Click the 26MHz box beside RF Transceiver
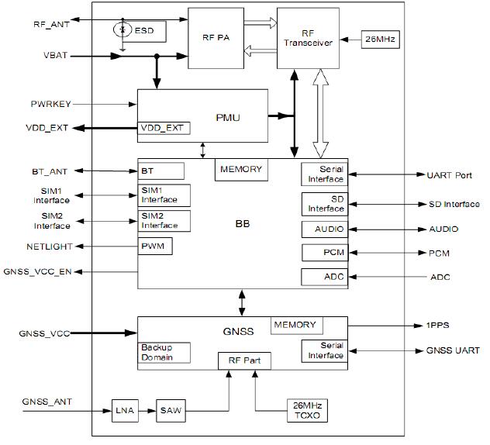[380, 39]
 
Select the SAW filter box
[170, 409]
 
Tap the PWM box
[155, 247]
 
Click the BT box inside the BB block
[161, 170]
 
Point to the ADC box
[323, 277]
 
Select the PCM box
[323, 253]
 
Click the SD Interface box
[323, 204]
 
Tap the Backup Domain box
[165, 352]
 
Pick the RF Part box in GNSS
[244, 360]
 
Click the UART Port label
[449, 175]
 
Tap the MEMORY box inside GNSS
[295, 325]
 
